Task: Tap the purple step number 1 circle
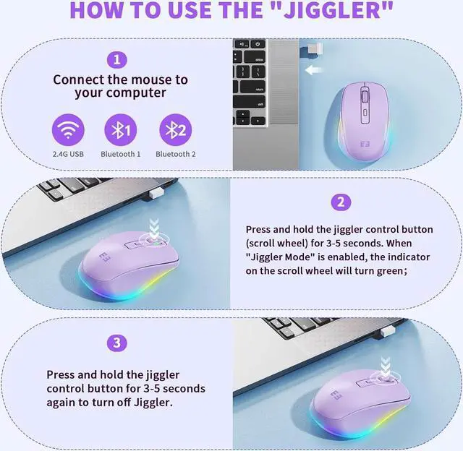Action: [117, 60]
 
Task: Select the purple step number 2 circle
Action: [341, 202]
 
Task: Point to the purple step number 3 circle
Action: [117, 343]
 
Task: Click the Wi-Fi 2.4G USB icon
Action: [68, 130]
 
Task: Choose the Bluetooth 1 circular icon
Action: [121, 130]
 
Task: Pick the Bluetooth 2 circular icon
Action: [175, 130]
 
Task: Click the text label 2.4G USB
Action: [68, 154]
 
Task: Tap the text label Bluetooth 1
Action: [121, 154]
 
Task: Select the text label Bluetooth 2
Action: [175, 154]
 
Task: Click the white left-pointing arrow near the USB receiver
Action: [313, 70]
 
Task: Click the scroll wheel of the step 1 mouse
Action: [365, 96]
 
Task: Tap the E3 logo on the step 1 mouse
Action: [365, 145]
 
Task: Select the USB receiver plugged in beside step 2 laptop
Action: [156, 194]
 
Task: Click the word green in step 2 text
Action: [392, 271]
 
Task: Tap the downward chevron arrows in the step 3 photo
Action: [386, 366]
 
